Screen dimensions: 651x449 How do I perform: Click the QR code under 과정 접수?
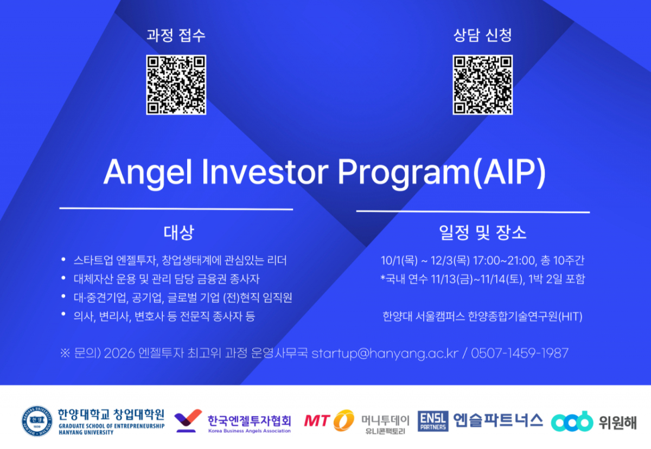[x=176, y=85]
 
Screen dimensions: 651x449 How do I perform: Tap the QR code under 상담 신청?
[x=482, y=85]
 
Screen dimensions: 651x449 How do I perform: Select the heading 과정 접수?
[x=176, y=35]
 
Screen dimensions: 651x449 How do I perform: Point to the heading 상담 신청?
[x=482, y=35]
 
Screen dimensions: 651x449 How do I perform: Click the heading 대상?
[x=178, y=232]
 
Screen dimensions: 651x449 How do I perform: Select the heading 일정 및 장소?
[x=482, y=232]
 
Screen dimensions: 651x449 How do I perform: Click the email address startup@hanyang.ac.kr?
[x=385, y=354]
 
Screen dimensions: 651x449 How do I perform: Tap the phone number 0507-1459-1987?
[x=520, y=353]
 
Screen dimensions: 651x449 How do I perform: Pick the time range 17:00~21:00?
[x=504, y=261]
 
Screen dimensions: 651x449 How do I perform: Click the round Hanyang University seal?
[x=37, y=421]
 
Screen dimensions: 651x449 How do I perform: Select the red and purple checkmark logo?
[x=188, y=421]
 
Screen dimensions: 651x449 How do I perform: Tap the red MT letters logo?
[x=317, y=421]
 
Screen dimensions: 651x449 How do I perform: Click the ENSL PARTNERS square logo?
[x=433, y=421]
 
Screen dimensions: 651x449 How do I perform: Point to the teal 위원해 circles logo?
[x=572, y=421]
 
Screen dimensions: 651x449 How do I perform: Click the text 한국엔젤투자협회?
[x=250, y=421]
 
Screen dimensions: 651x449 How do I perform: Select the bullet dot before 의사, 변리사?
[x=63, y=313]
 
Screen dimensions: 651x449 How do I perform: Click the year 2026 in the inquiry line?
[x=119, y=354]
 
